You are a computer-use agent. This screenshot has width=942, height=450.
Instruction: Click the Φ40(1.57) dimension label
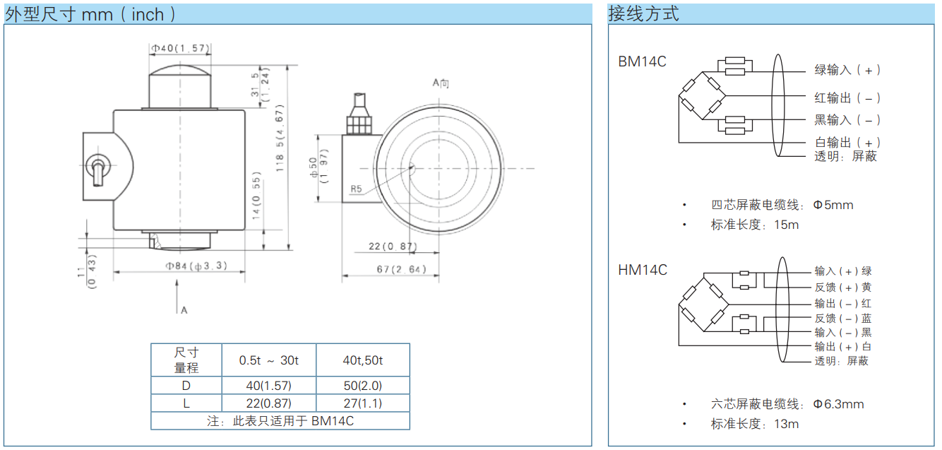(x=180, y=48)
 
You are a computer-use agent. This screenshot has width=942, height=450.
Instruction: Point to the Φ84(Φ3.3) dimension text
(x=196, y=266)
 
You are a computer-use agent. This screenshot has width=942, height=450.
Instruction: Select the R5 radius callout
(x=356, y=189)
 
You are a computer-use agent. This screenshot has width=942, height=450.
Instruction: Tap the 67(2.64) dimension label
(x=402, y=269)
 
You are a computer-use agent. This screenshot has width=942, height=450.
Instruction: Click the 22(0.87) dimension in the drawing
(x=393, y=246)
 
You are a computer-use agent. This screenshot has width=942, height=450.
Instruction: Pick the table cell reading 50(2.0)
(x=362, y=385)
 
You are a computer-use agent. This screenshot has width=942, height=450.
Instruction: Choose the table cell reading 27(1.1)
(x=362, y=403)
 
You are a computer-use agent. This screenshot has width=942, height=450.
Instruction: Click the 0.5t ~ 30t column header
(x=269, y=360)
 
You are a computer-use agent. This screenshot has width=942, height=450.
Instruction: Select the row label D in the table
(x=186, y=385)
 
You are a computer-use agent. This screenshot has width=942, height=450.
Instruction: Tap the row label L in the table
(x=186, y=403)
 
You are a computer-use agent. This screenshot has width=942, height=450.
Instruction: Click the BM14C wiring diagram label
(x=642, y=62)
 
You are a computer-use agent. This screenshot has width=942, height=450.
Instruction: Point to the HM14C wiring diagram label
(x=643, y=270)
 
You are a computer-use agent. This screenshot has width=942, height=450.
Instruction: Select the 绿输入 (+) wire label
(x=847, y=70)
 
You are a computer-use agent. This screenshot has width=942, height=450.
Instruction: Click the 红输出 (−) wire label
(x=847, y=98)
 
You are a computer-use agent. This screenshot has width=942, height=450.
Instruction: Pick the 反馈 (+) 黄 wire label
(x=843, y=288)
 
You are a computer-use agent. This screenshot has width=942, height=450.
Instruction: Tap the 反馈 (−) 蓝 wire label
(x=843, y=319)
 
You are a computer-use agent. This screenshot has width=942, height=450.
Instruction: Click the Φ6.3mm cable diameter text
(x=838, y=404)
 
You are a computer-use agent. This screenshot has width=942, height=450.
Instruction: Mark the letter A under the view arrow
(x=184, y=310)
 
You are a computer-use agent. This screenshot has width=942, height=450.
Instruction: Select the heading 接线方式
(x=643, y=13)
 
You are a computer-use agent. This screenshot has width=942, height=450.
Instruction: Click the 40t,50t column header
(x=362, y=360)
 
